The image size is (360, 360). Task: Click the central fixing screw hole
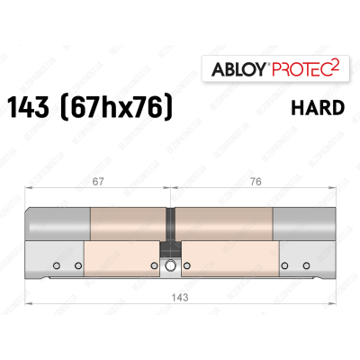pyautogui.click(x=170, y=265)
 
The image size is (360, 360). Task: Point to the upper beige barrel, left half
pyautogui.click(x=126, y=221)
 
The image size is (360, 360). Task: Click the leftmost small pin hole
pyautogui.click(x=56, y=265)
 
